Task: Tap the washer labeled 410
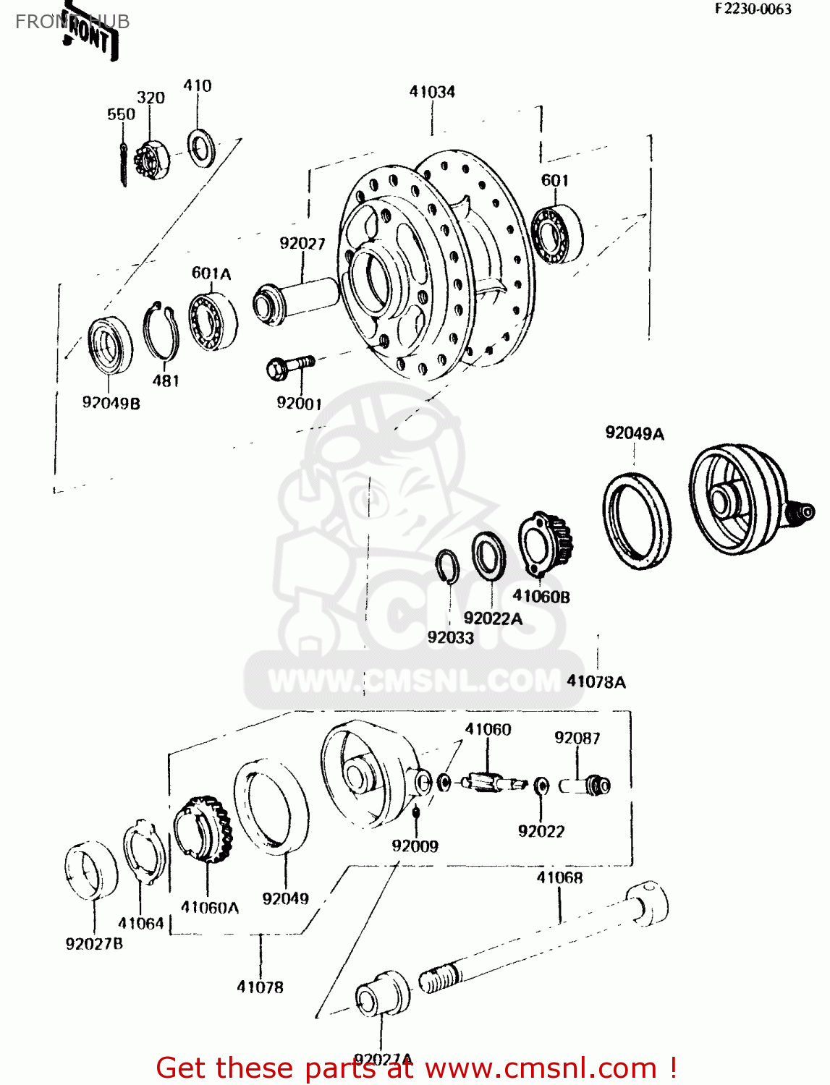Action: click(x=200, y=148)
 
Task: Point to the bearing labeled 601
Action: click(x=557, y=234)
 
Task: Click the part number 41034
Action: click(x=432, y=92)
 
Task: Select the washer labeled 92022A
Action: click(x=488, y=556)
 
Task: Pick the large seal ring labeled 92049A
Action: click(x=637, y=520)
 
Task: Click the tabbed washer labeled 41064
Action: click(x=143, y=851)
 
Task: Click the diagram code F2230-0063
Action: click(x=753, y=9)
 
